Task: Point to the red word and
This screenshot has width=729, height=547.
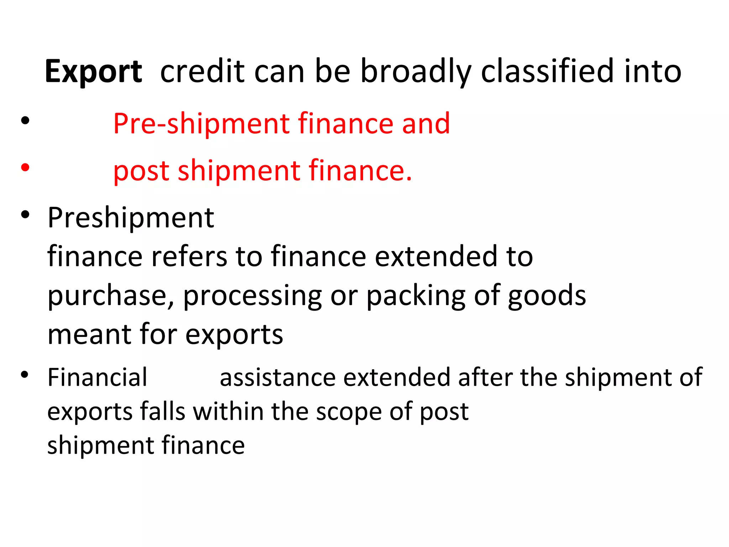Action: pyautogui.click(x=426, y=124)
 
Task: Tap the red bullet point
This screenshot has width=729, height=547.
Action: pyautogui.click(x=25, y=167)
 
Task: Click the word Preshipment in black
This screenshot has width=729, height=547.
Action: pyautogui.click(x=131, y=218)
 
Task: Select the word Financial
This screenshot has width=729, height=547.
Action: pyautogui.click(x=97, y=377)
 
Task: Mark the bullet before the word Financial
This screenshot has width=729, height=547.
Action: pyautogui.click(x=25, y=375)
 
